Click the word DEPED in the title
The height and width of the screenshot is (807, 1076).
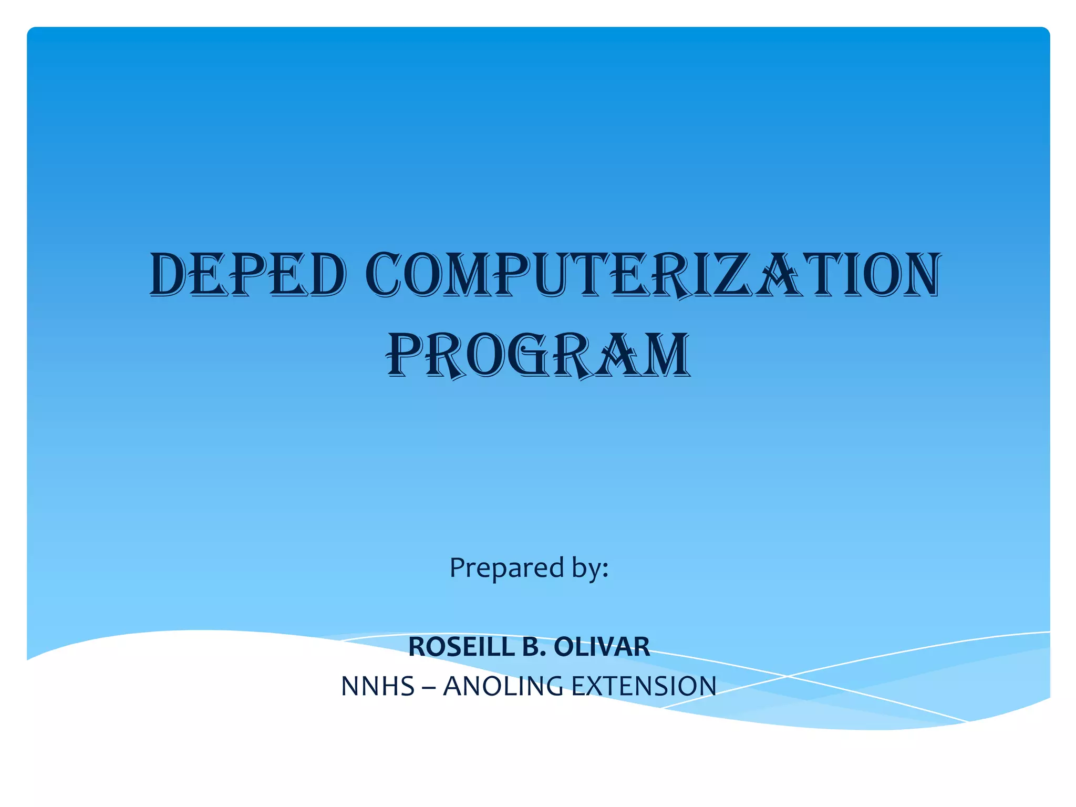click(247, 274)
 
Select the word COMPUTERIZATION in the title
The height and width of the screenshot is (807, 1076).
click(653, 274)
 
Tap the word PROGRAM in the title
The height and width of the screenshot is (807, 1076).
click(538, 355)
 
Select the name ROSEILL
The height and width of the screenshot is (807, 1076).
click(462, 647)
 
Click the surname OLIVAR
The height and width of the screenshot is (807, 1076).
click(602, 647)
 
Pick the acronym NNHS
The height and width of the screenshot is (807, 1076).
click(378, 686)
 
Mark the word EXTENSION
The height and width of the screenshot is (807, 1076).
click(644, 686)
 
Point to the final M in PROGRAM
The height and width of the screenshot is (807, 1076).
click(664, 355)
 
